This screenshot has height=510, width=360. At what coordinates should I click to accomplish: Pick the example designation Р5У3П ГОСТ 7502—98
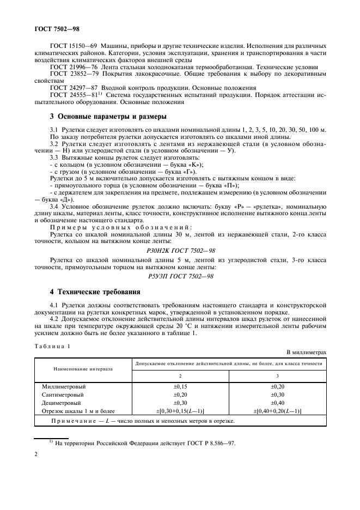click(180, 277)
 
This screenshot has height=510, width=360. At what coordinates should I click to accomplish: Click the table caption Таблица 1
click(53, 346)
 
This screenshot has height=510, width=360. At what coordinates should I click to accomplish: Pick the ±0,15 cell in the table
click(180, 386)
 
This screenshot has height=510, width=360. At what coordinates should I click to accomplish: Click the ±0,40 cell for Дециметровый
click(278, 402)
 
